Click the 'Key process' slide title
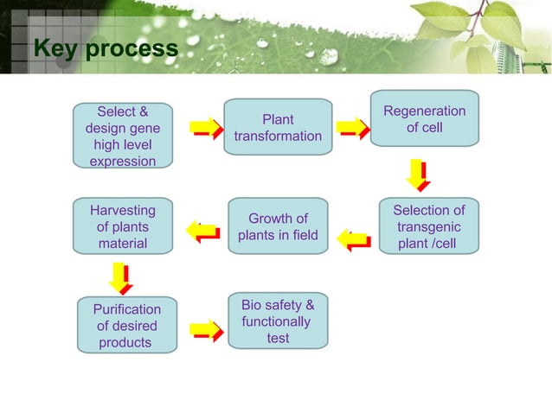coord(106,48)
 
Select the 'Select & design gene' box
coord(123,136)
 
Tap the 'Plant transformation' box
coord(278,127)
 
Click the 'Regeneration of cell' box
coord(424,118)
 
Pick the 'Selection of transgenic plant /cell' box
coord(428,226)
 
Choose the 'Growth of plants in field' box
coord(278,226)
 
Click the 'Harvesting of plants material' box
coord(122,226)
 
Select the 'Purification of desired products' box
coord(126,326)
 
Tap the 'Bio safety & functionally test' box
coord(278,321)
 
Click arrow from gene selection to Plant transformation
coord(208,129)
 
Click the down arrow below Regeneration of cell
coord(418,175)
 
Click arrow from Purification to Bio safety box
coord(207,330)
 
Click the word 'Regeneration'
coord(424,111)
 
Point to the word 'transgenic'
coord(428,227)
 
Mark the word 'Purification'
coord(127,308)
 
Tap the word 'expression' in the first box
coord(123,162)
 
